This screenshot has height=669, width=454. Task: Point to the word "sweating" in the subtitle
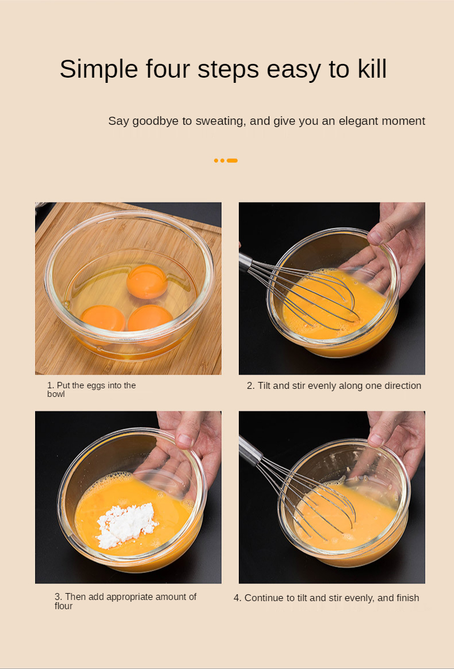220,121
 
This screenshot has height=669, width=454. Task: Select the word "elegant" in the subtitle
358,121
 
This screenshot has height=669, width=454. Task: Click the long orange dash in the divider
232,160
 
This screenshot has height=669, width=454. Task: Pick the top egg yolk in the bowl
147,282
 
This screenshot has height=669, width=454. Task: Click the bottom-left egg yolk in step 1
102,318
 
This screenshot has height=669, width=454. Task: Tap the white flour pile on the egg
125,525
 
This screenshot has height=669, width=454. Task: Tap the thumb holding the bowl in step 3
186,439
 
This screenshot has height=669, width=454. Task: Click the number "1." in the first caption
51,385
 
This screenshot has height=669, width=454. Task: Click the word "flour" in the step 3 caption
63,606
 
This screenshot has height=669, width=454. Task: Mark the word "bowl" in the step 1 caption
56,394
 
